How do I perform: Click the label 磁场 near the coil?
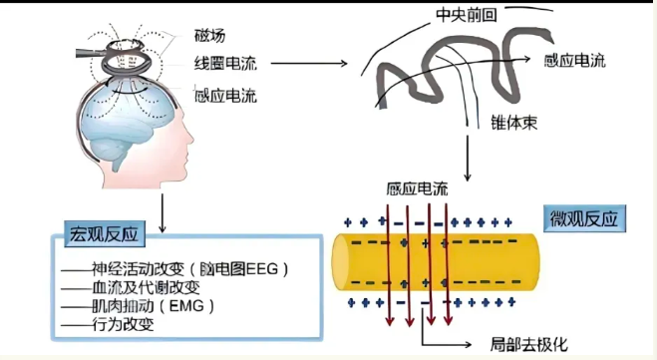[x=210, y=36]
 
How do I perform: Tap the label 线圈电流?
[x=224, y=64]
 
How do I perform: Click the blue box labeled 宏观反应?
[x=105, y=234]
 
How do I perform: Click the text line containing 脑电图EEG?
[x=175, y=268]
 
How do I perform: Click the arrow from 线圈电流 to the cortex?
[x=309, y=64]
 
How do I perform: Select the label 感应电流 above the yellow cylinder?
[x=416, y=187]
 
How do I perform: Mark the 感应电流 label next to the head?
[x=224, y=96]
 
